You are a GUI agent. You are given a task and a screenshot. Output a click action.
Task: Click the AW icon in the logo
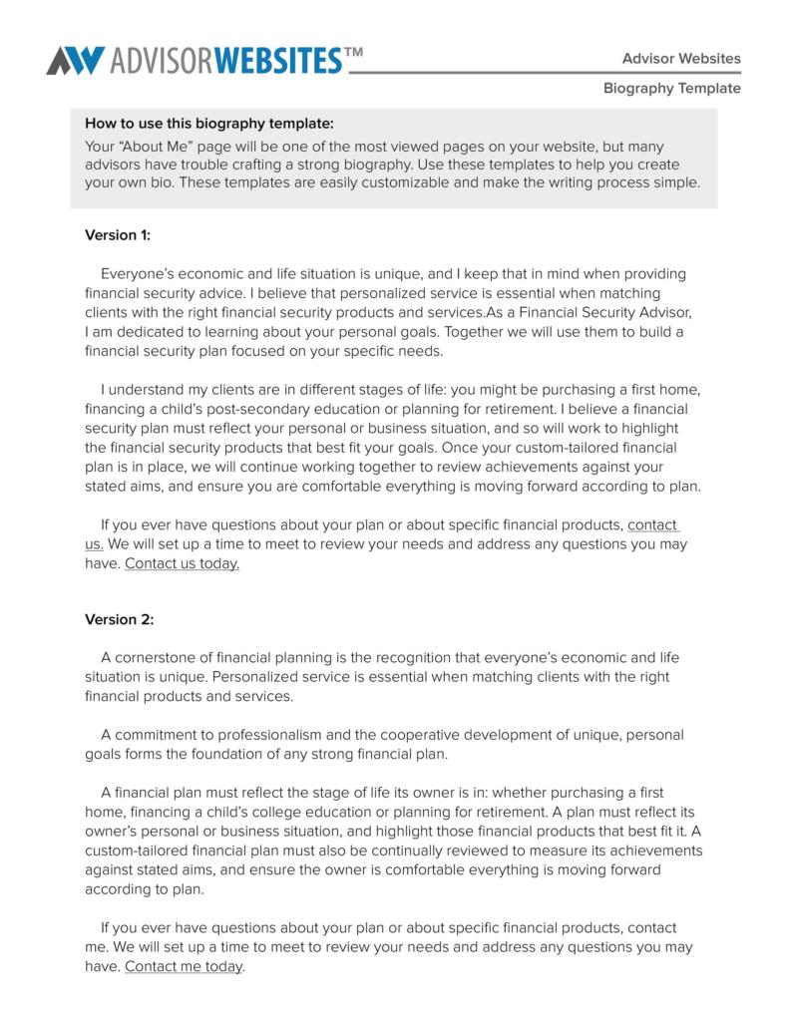coord(75,60)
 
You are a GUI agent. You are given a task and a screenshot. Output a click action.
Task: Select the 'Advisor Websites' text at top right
coord(681,58)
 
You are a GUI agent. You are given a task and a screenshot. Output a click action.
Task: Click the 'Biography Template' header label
coord(671,88)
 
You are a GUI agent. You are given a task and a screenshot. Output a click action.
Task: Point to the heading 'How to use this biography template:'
coord(208,125)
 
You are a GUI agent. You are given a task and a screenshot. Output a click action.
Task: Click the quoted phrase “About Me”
coord(153,146)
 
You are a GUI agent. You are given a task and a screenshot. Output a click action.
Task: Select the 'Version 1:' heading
coord(118,235)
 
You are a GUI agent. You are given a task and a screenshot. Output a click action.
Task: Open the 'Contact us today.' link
coord(182,563)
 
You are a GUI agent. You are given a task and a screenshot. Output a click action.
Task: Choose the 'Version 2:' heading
coord(119,619)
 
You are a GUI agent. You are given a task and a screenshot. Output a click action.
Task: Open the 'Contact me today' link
coord(184,966)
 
